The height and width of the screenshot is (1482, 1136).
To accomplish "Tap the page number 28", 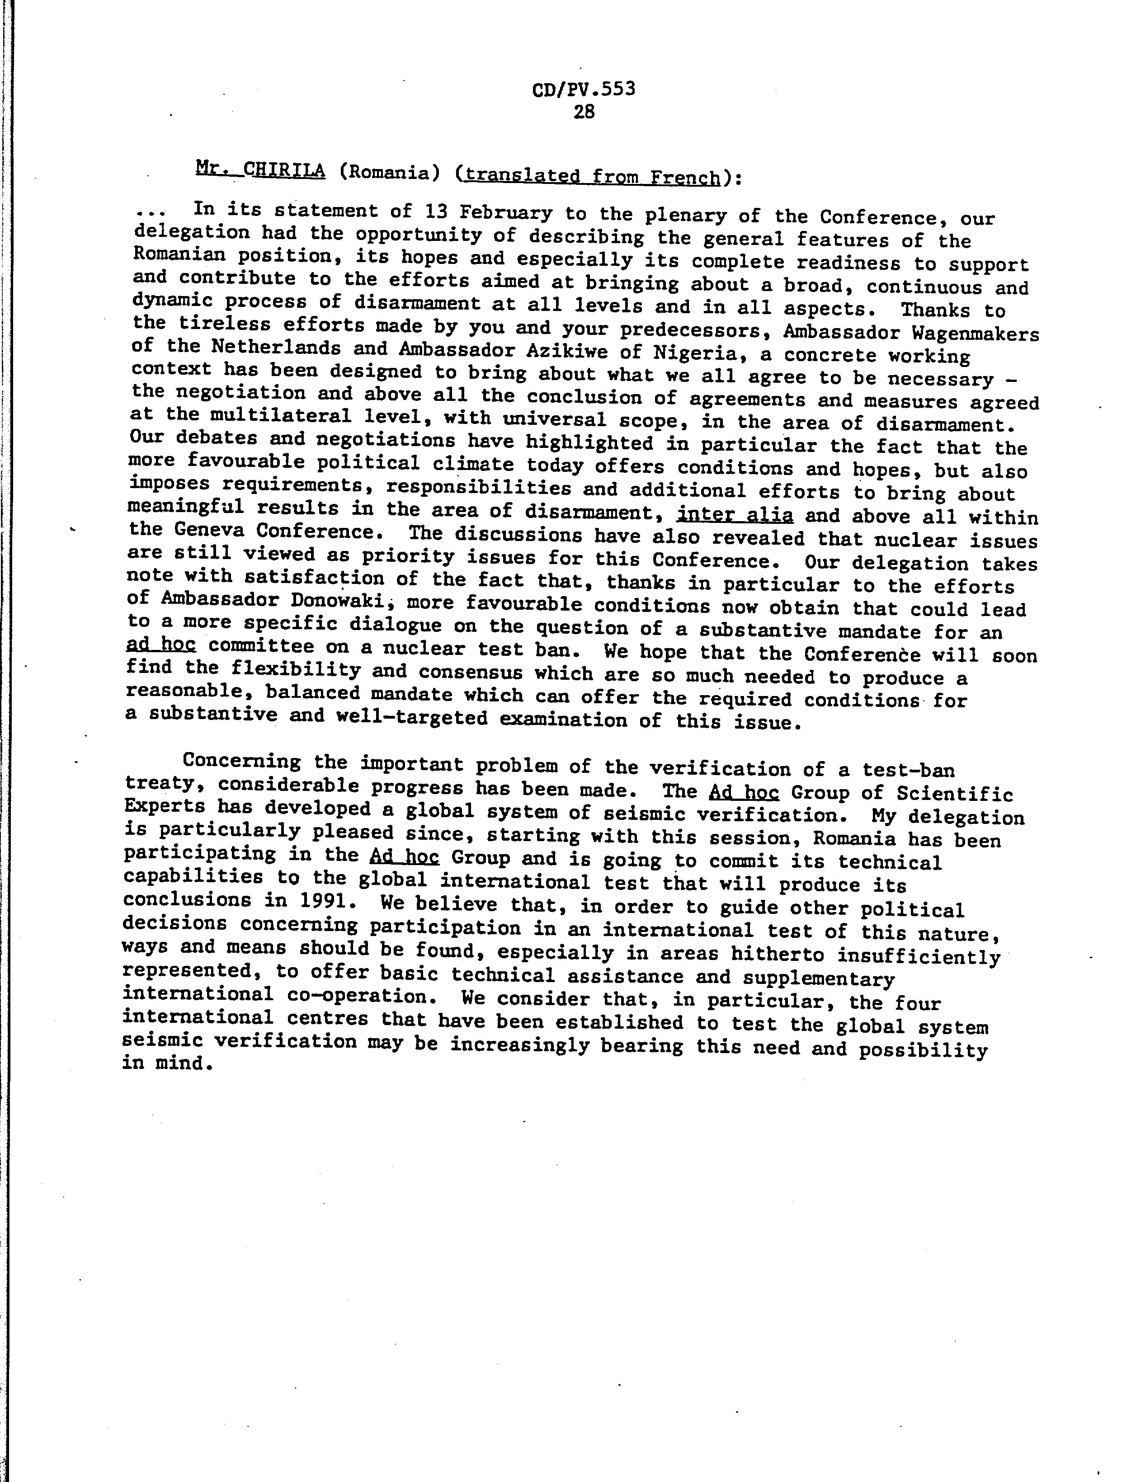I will click(x=584, y=112).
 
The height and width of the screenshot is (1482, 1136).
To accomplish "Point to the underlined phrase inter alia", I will click(x=734, y=515).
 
